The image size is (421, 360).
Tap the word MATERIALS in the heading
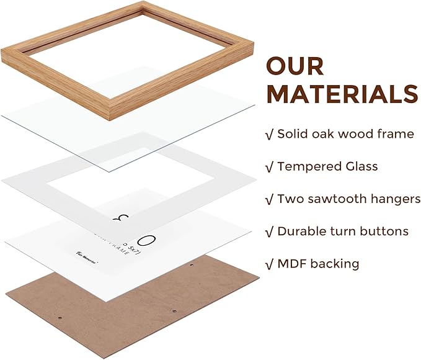342,94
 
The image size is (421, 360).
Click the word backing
335,264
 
